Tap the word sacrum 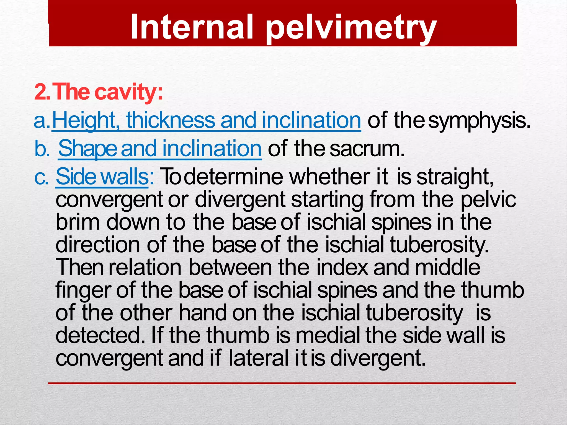[367, 149]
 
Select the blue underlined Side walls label [102, 177]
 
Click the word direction [98, 245]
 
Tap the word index [342, 267]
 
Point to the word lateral [259, 358]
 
